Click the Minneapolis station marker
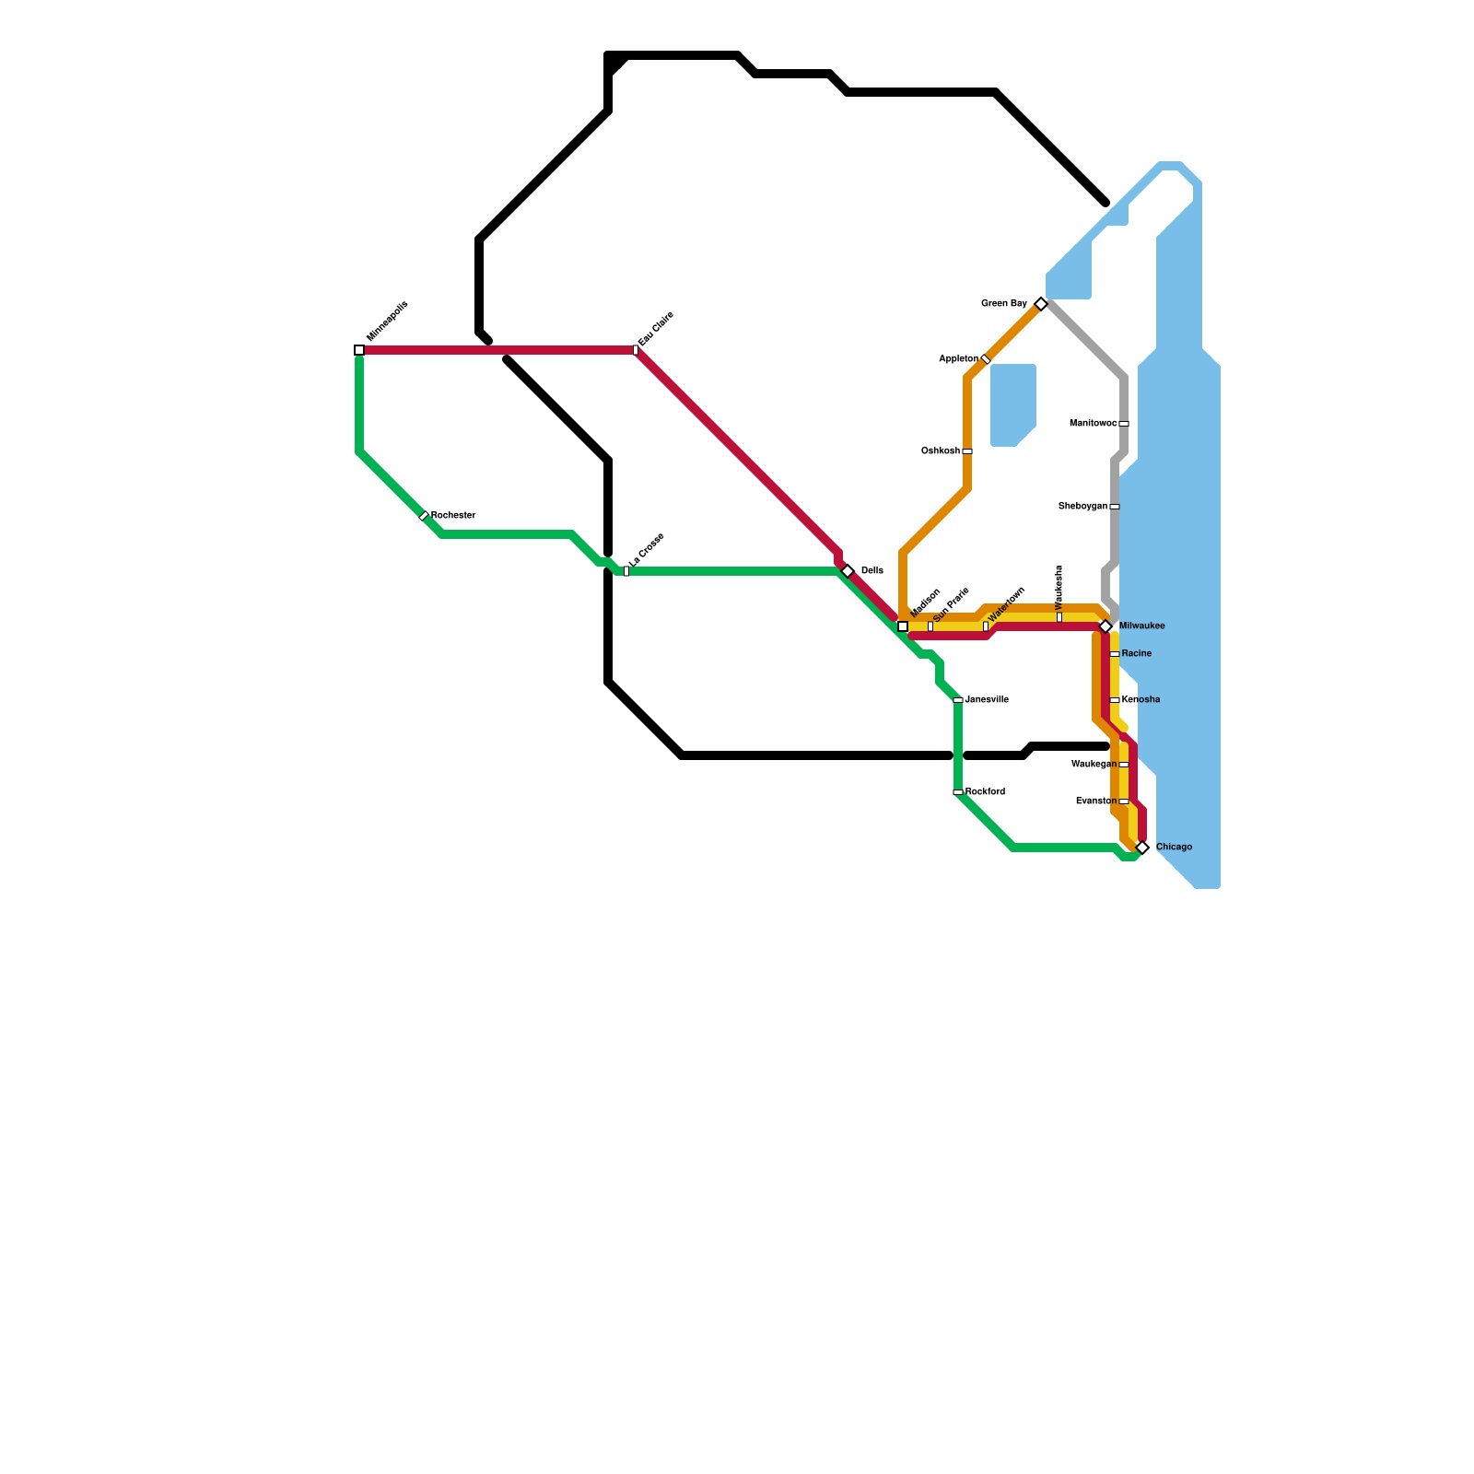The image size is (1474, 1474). (x=359, y=350)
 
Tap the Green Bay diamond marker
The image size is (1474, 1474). (x=1041, y=304)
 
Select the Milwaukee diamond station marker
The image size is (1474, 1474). (x=1105, y=626)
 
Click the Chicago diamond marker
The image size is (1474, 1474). (x=1142, y=848)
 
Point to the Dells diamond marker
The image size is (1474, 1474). (x=848, y=571)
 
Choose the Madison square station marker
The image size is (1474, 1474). (x=903, y=626)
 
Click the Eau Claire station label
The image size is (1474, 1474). (x=656, y=329)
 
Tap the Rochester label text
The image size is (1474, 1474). (x=453, y=515)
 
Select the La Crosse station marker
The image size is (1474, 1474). (x=626, y=571)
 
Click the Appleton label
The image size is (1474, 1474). (x=958, y=359)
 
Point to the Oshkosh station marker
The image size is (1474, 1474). (x=967, y=451)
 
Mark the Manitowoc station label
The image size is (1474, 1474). (x=1093, y=424)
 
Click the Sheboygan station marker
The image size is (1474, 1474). (x=1115, y=507)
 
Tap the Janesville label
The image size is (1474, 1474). (x=987, y=700)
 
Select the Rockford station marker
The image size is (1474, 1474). (x=958, y=792)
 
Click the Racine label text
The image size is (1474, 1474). (x=1137, y=654)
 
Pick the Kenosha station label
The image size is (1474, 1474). (x=1141, y=700)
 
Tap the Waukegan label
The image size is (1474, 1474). (x=1094, y=765)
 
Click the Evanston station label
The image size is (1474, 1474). (x=1096, y=801)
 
